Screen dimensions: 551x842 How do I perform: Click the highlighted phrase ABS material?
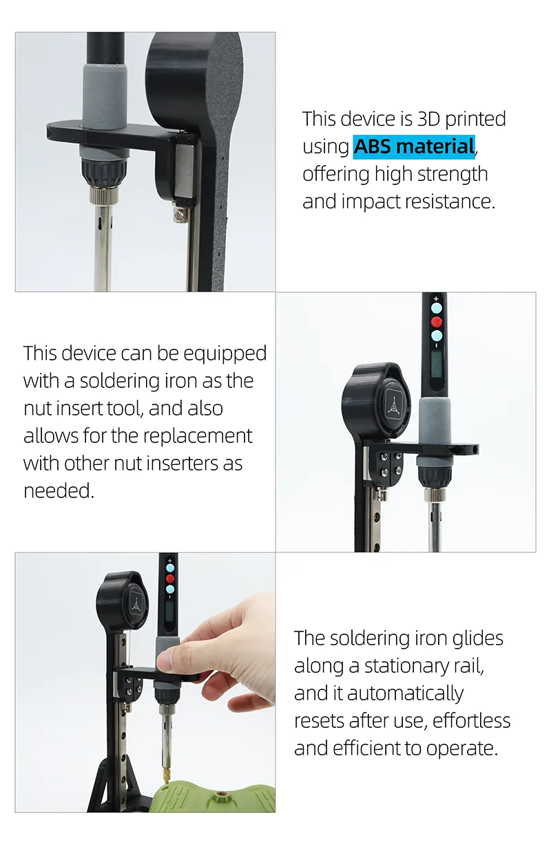(414, 147)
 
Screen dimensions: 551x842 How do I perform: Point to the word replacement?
(197, 436)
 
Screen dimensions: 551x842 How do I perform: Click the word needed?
(58, 491)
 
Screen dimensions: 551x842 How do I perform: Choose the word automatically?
(405, 694)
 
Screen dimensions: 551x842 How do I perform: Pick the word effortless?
(471, 721)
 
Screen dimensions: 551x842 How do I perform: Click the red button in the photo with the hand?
(170, 578)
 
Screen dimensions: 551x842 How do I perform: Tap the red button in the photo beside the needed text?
(437, 321)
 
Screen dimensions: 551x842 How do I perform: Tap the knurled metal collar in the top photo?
(103, 195)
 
